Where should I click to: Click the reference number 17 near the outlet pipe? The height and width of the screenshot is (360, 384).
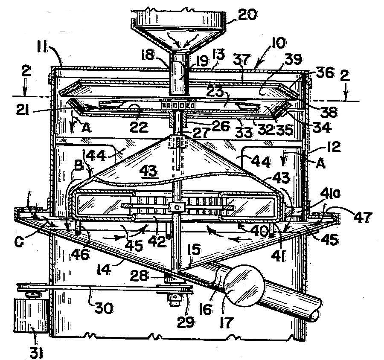tap(226, 322)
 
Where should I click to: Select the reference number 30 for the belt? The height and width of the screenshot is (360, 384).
tap(103, 308)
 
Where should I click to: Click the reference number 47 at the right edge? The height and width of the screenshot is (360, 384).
tap(363, 217)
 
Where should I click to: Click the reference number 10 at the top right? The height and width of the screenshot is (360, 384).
tap(278, 43)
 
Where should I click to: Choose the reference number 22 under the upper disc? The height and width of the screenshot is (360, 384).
tap(139, 127)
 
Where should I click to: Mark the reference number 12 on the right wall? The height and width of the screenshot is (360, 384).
tap(333, 147)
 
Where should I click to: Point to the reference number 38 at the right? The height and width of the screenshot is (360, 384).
tap(329, 112)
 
